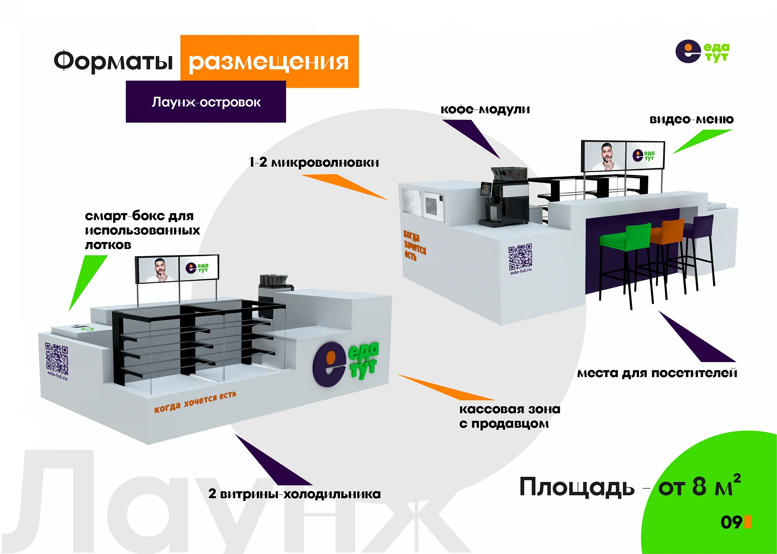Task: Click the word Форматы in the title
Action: pyautogui.click(x=113, y=61)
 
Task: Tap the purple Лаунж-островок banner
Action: pyautogui.click(x=206, y=102)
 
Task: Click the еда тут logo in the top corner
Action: pyautogui.click(x=703, y=52)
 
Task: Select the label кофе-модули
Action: pyautogui.click(x=485, y=110)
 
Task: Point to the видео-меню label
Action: pyautogui.click(x=691, y=119)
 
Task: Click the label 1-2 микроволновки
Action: pyautogui.click(x=314, y=162)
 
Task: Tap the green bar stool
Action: pyautogui.click(x=625, y=263)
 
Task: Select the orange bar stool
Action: pyautogui.click(x=668, y=255)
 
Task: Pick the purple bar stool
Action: pyautogui.click(x=699, y=249)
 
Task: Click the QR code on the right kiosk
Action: pyautogui.click(x=520, y=257)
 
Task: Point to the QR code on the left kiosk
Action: pyautogui.click(x=57, y=359)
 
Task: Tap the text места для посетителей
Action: pyautogui.click(x=657, y=373)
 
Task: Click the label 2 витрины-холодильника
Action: pyautogui.click(x=294, y=494)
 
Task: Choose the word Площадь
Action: pyautogui.click(x=577, y=487)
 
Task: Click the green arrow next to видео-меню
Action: pyautogui.click(x=703, y=141)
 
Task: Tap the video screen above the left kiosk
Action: pyautogui.click(x=177, y=268)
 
